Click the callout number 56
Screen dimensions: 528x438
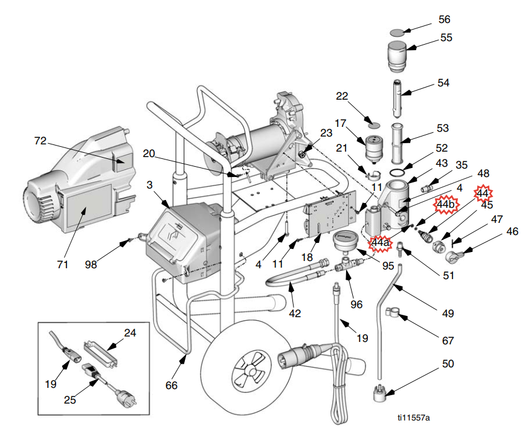(x=444, y=19)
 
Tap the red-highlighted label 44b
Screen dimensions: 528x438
(x=445, y=204)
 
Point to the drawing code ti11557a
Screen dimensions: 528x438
(x=413, y=418)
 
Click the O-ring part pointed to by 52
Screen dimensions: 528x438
(x=398, y=173)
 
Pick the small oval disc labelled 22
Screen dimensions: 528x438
(x=374, y=126)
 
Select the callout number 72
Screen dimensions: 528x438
(x=40, y=141)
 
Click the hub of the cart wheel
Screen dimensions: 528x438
(x=250, y=371)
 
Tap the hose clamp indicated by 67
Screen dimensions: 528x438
(x=392, y=312)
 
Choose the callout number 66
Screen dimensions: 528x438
(x=172, y=385)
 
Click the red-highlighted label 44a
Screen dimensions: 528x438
(x=380, y=242)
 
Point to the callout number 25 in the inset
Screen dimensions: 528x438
(x=69, y=400)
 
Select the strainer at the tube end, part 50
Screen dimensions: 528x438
(x=379, y=393)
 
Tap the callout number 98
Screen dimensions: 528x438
(x=91, y=265)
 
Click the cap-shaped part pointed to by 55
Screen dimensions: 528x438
(x=397, y=57)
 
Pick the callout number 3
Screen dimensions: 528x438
(x=149, y=185)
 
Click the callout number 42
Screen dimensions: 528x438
(x=295, y=314)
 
